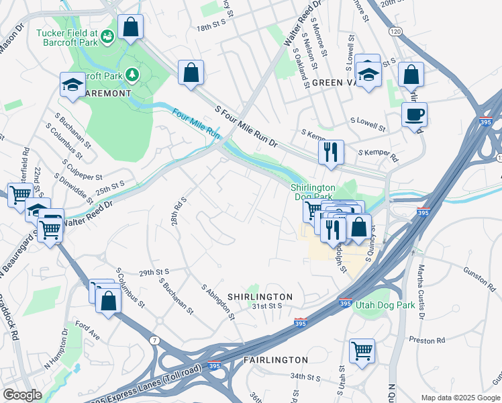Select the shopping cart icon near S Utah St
click(x=362, y=350)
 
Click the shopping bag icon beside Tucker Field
click(x=130, y=28)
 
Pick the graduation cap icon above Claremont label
click(x=72, y=83)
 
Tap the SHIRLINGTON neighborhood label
click(x=260, y=296)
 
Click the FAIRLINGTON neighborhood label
click(x=276, y=360)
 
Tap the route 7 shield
click(x=156, y=341)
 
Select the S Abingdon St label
click(x=218, y=301)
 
